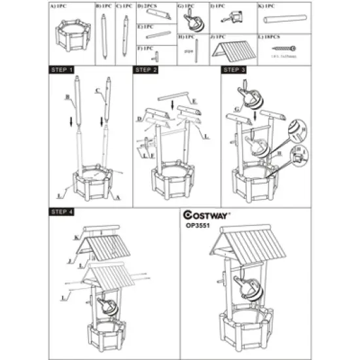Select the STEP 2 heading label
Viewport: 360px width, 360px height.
click(147, 69)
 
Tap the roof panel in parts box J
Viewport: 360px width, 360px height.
click(231, 50)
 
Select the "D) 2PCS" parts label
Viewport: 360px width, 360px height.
click(148, 5)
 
